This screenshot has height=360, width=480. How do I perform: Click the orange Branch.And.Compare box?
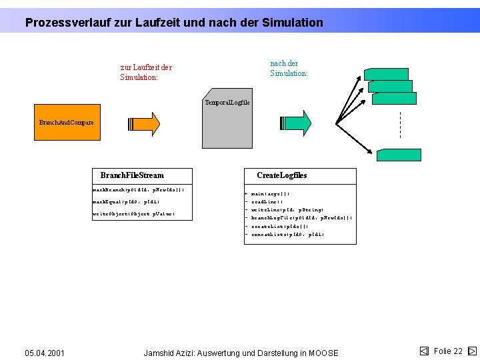point(67,122)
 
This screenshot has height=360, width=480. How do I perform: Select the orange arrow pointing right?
point(144,123)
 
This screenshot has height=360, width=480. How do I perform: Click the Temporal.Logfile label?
point(227,102)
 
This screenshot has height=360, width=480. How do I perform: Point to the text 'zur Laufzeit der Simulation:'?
point(146,72)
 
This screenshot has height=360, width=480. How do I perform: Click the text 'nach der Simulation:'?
point(289,68)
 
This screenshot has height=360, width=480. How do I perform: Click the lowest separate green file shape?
point(398,155)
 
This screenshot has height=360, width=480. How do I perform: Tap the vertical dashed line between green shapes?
point(399,125)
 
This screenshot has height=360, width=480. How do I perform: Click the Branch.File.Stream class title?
point(132,175)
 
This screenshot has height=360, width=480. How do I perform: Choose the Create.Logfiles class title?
point(282,175)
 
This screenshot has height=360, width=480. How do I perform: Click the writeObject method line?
point(133,214)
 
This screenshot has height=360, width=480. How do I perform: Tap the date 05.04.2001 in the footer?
point(45,353)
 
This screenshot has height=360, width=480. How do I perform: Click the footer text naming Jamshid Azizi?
point(241,353)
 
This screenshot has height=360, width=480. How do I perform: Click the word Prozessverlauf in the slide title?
point(65,23)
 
